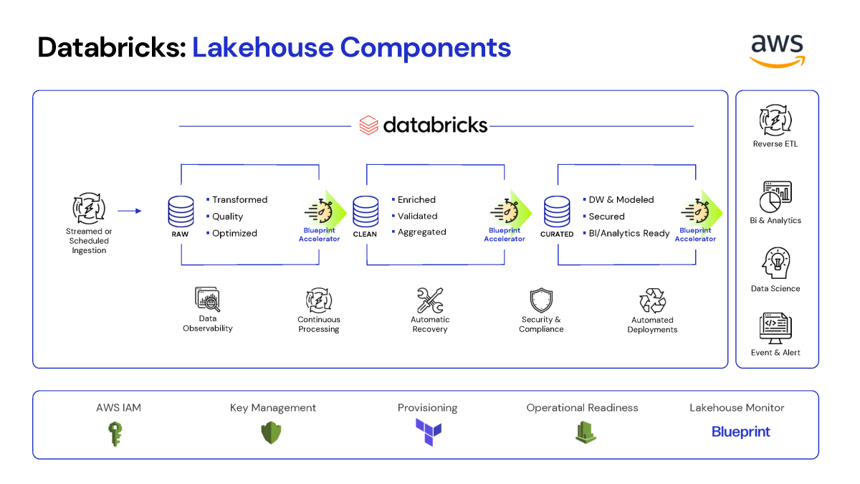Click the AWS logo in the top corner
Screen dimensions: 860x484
point(777,51)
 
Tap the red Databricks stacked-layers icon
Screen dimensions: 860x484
point(368,125)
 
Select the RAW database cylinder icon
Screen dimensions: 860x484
point(181,212)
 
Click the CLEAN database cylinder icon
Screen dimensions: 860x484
point(365,212)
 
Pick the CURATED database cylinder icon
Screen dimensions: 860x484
point(557,212)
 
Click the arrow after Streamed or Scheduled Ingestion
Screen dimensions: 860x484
point(130,211)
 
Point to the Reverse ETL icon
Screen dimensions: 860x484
point(775,120)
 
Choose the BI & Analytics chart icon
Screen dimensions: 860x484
point(775,197)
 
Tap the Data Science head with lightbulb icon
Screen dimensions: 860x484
point(776,263)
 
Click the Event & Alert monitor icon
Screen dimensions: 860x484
point(775,328)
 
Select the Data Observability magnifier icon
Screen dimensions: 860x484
point(207,299)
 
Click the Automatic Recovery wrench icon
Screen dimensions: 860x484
point(430,300)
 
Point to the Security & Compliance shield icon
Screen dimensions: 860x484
point(541,300)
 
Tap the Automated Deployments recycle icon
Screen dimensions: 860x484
point(652,300)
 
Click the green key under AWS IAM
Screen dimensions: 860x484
point(115,434)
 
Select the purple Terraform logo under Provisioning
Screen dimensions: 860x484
point(429,432)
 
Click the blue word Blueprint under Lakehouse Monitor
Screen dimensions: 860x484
point(740,432)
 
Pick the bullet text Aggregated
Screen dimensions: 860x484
point(421,232)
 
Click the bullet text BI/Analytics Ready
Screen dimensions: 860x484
point(629,233)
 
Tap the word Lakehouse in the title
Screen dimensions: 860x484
point(262,47)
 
